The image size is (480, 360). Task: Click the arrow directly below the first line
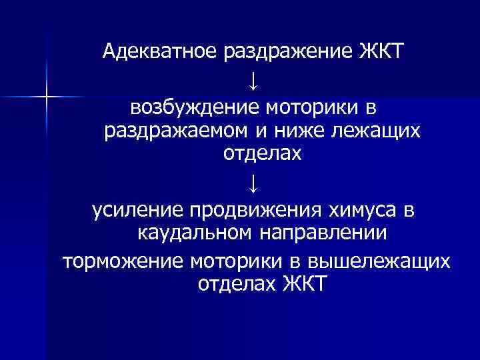point(253,83)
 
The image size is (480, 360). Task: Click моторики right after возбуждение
point(315,107)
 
